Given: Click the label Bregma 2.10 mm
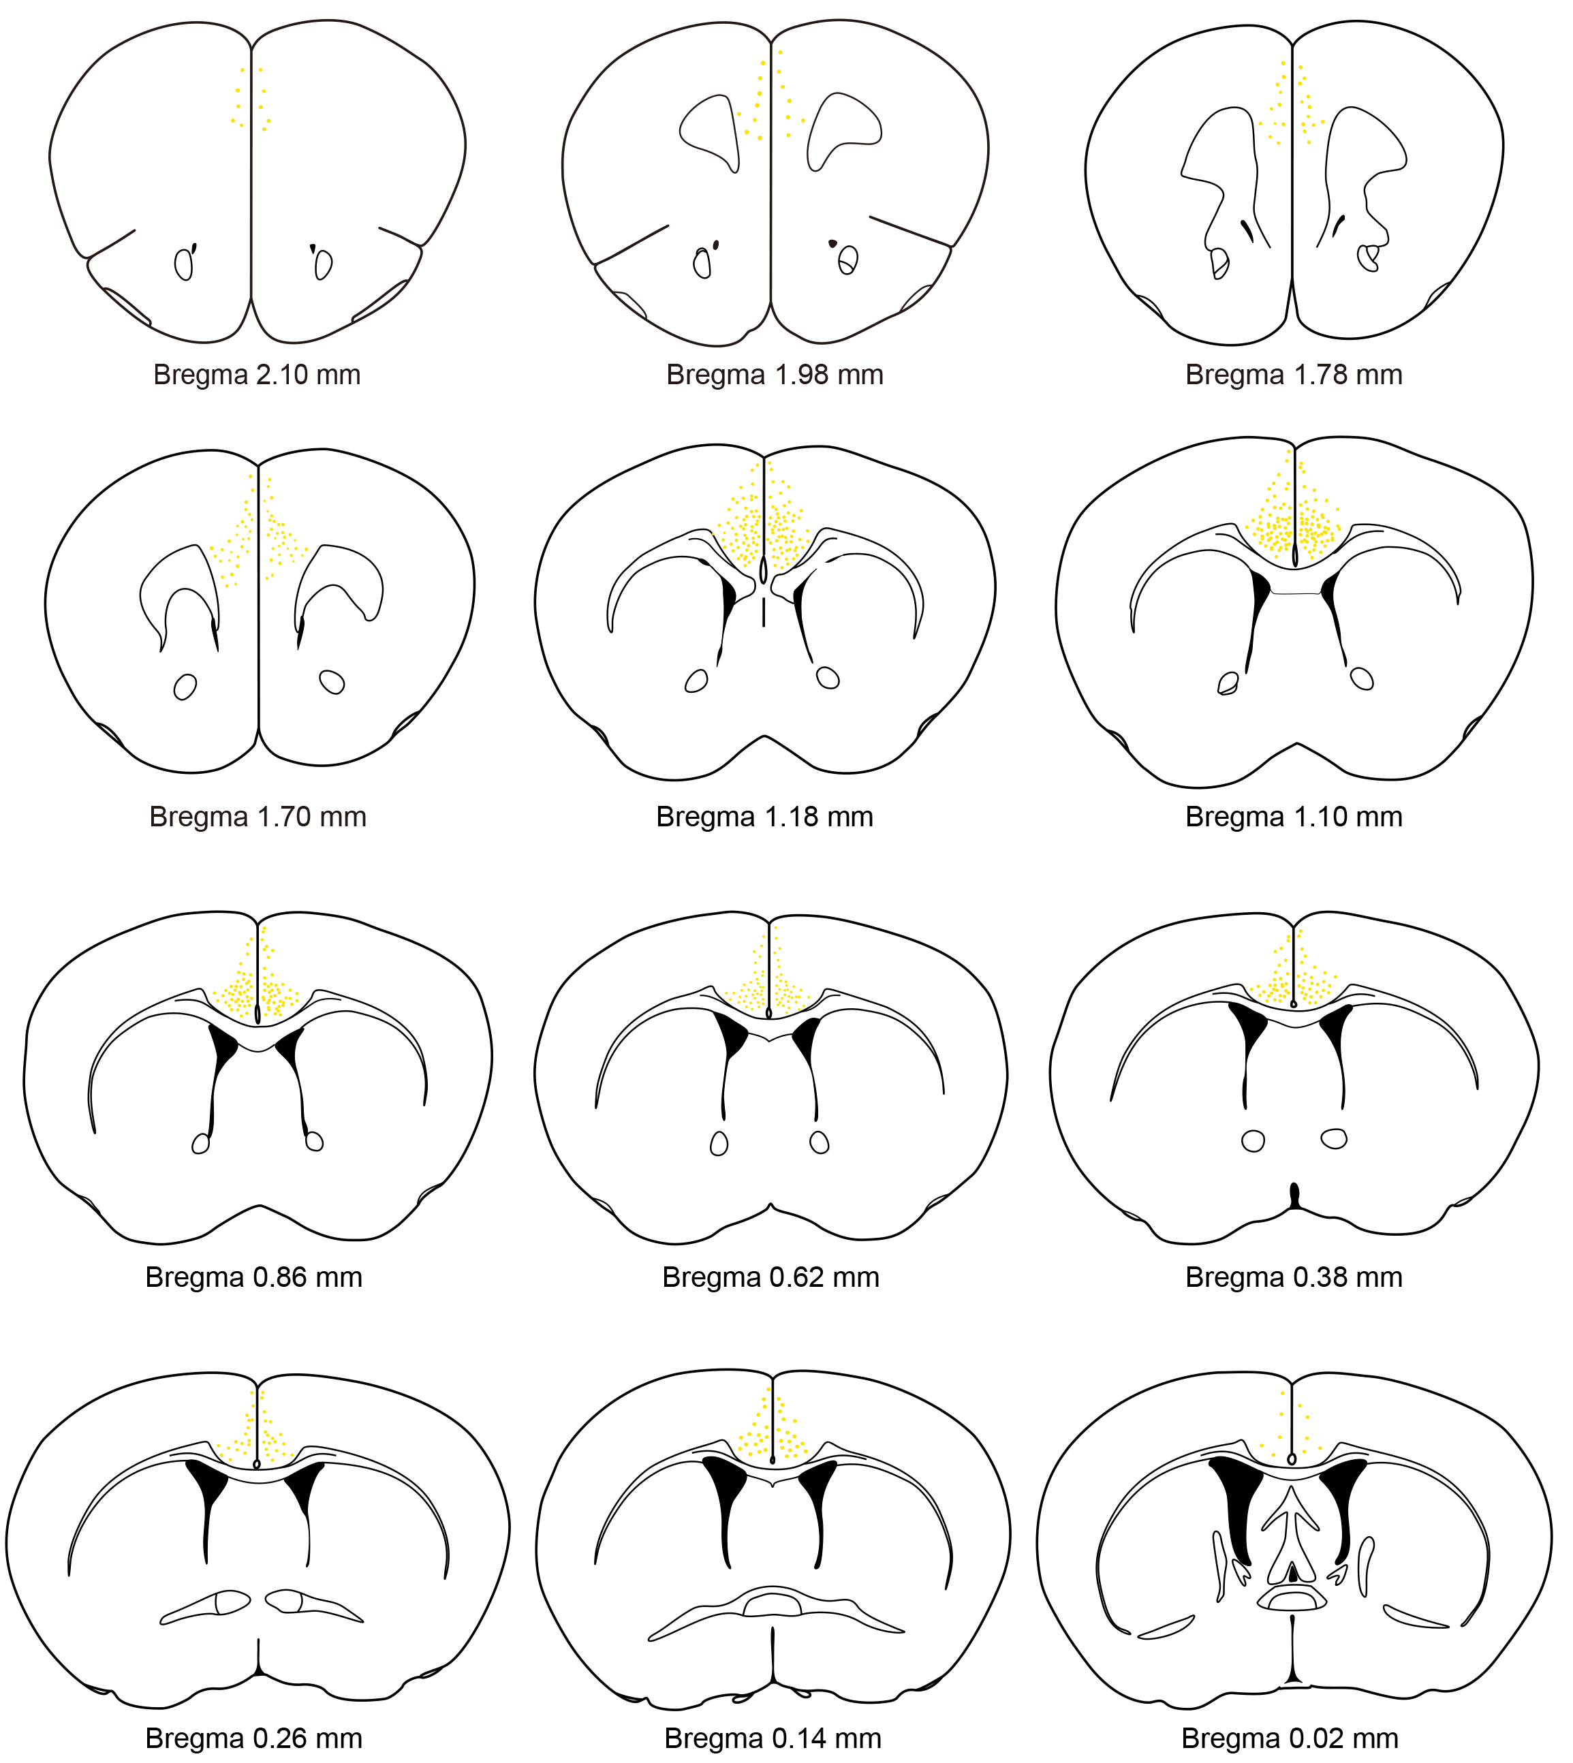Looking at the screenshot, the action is pyautogui.click(x=257, y=375).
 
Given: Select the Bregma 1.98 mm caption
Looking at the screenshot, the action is pyautogui.click(x=775, y=375).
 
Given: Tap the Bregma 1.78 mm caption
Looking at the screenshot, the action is pyautogui.click(x=1293, y=375).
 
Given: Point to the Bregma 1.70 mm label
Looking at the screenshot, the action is pyautogui.click(x=258, y=817).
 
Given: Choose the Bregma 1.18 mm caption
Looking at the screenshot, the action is pyautogui.click(x=764, y=817).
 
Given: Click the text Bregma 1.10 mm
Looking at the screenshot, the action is pyautogui.click(x=1293, y=817).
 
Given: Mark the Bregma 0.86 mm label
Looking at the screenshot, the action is pyautogui.click(x=253, y=1277).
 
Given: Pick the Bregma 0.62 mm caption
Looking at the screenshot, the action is pyautogui.click(x=770, y=1277).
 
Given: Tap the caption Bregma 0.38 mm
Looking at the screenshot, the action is pyautogui.click(x=1293, y=1277).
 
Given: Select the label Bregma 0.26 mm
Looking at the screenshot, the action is pyautogui.click(x=253, y=1738).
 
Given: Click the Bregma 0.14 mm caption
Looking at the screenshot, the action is pyautogui.click(x=772, y=1738).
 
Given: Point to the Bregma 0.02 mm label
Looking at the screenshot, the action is pyautogui.click(x=1290, y=1738).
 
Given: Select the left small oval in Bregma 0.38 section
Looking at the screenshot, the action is pyautogui.click(x=1252, y=1141).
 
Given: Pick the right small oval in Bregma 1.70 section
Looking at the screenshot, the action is pyautogui.click(x=332, y=682).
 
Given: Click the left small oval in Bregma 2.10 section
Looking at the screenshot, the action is pyautogui.click(x=183, y=264).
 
